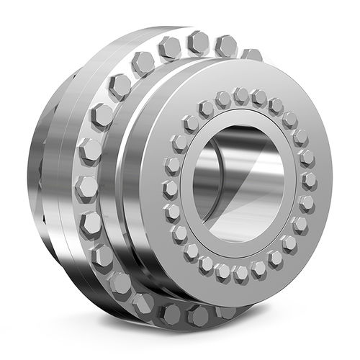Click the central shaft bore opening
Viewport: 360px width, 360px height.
(238, 184)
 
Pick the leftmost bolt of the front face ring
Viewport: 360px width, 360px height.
(170, 189)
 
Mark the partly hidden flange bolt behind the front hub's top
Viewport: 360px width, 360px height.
(251, 55)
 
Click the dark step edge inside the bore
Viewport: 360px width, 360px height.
(270, 155)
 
